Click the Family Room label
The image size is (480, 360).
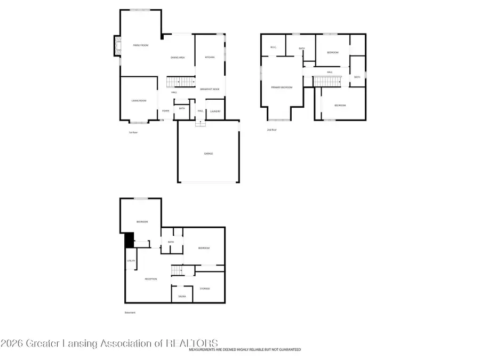140,46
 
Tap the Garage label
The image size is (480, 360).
208,154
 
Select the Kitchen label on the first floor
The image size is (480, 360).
210,58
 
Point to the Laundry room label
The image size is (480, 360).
215,111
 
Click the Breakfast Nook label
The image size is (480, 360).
210,89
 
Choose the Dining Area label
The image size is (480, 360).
178,58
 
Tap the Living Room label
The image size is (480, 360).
139,101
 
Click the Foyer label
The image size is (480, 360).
166,111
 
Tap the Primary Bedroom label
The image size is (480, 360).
282,87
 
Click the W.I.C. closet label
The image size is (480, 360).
273,47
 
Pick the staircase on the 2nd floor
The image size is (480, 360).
326,81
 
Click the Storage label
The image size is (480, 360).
205,289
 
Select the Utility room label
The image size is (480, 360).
131,261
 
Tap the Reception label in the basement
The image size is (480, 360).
151,278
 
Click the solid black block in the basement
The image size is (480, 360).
129,240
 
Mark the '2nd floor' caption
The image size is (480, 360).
273,130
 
